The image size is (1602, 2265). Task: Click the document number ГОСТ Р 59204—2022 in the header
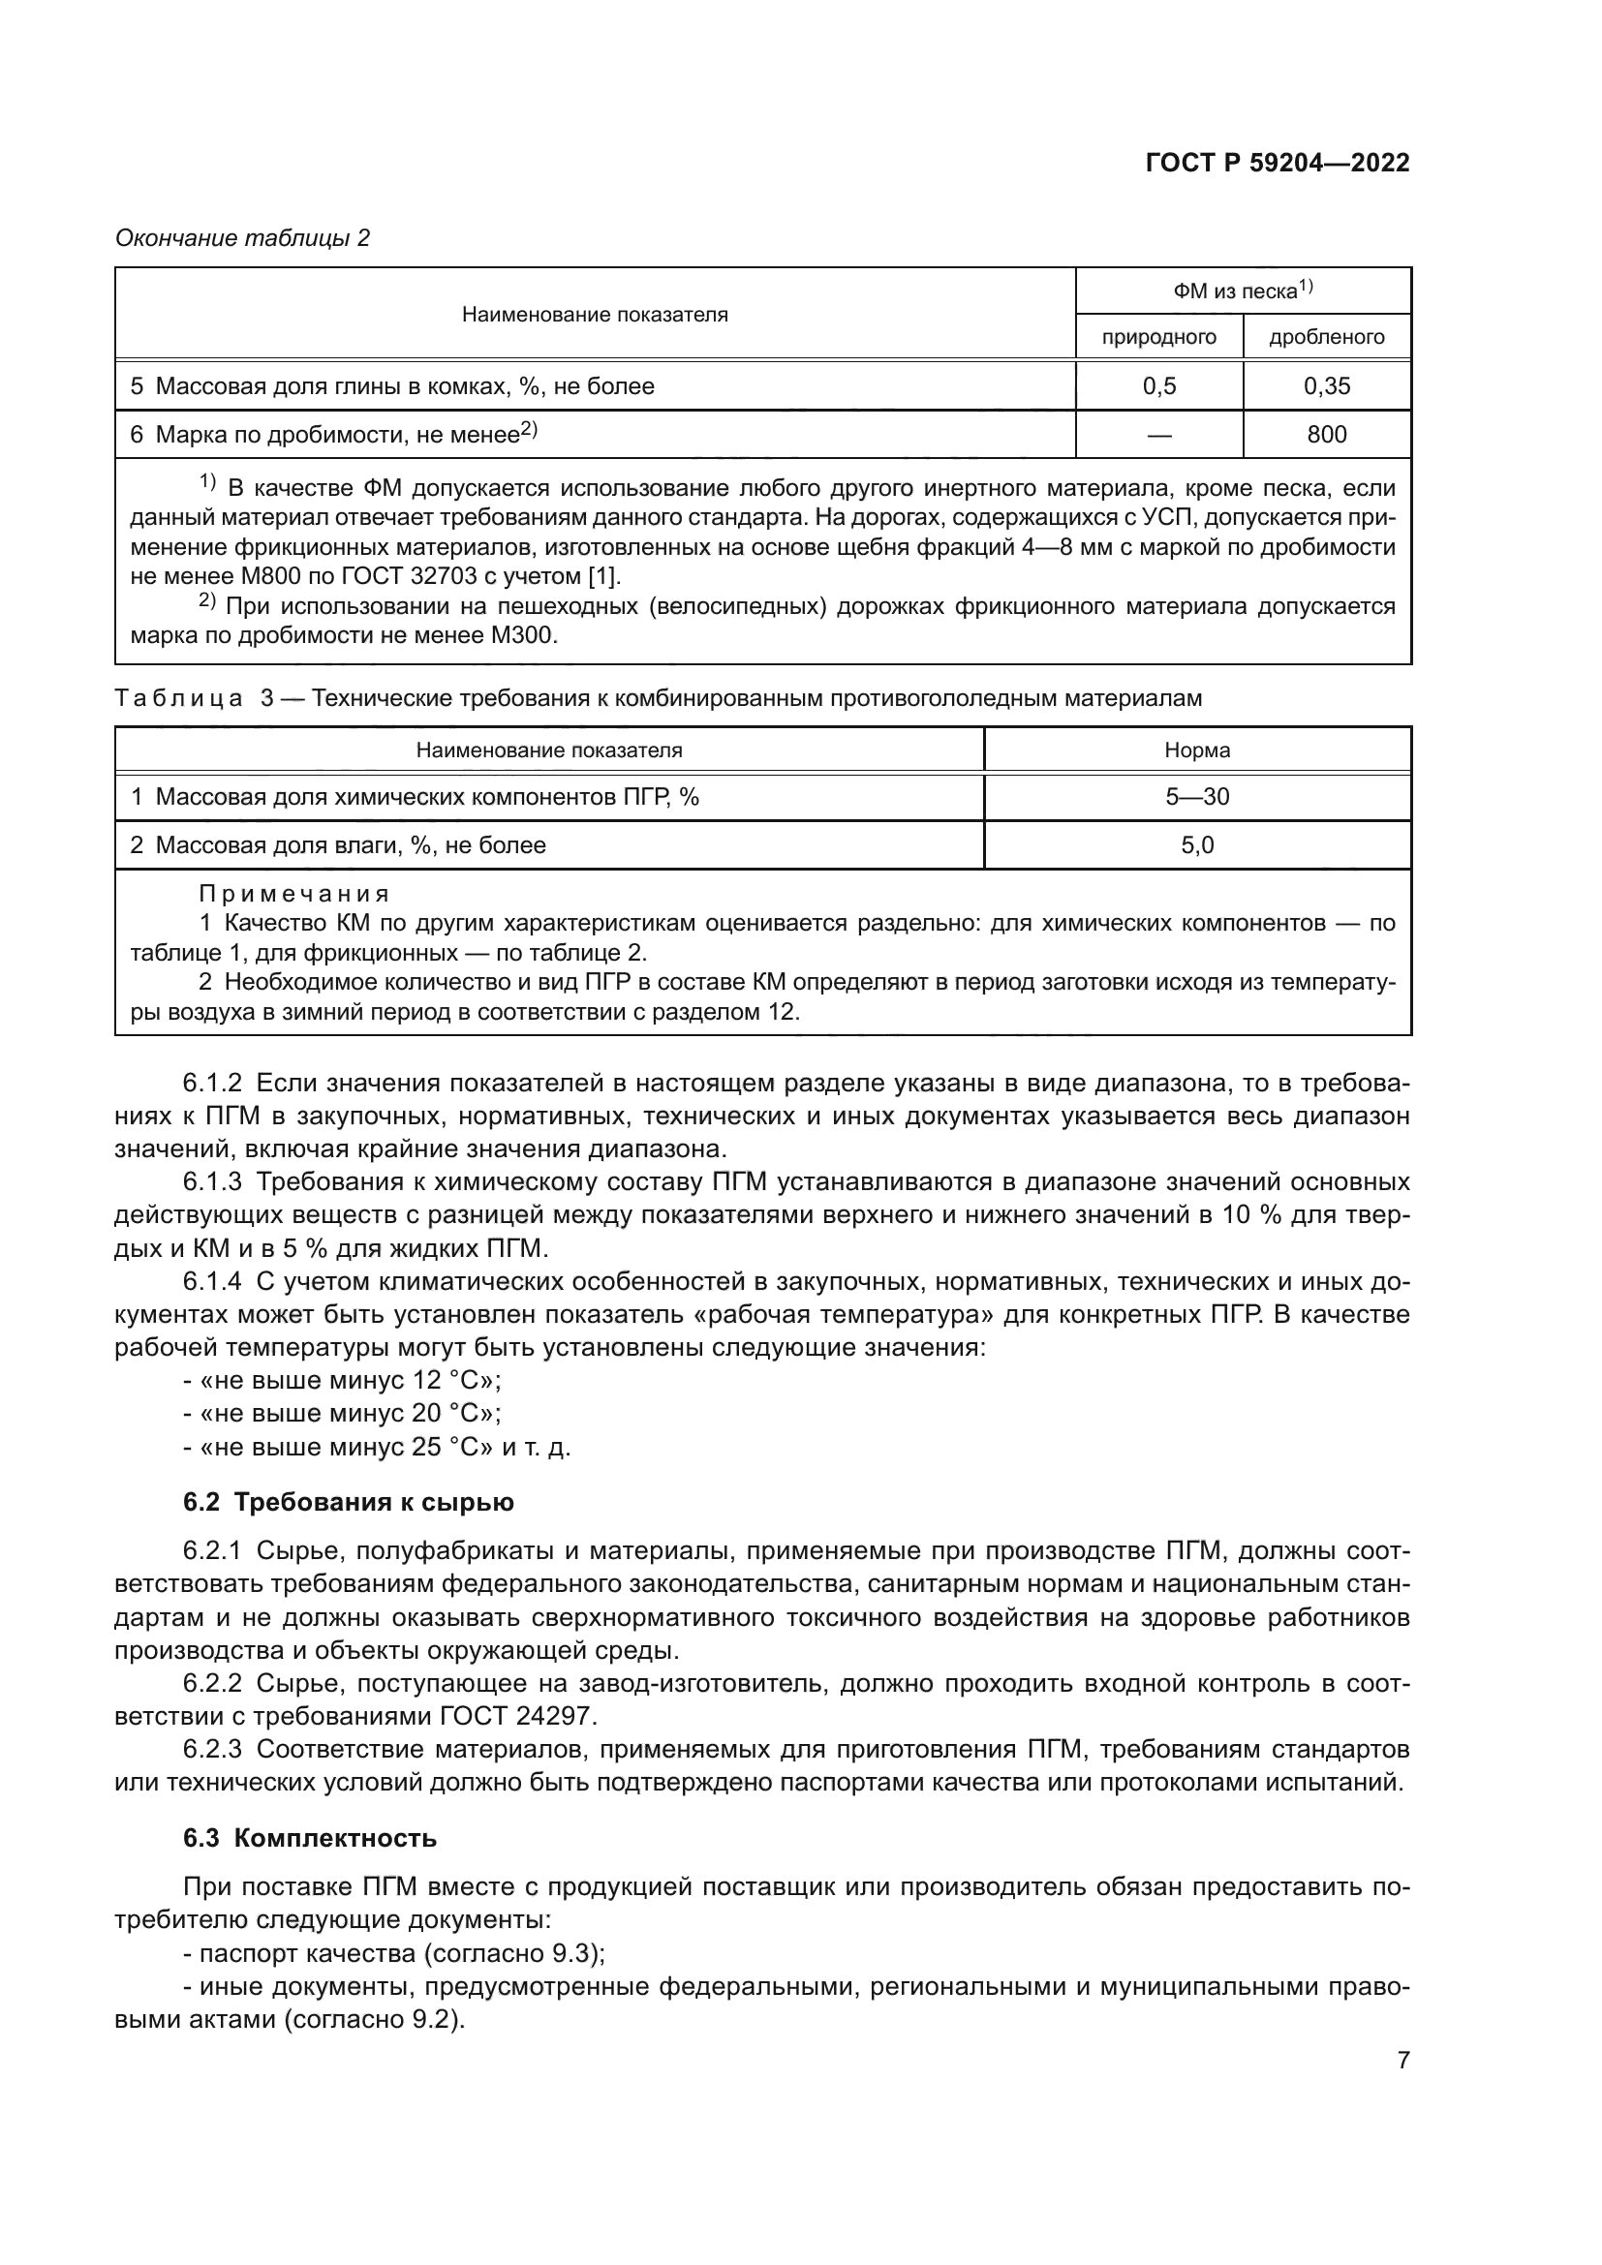(1277, 163)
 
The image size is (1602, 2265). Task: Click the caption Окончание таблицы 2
(243, 238)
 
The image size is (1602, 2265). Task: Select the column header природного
(1158, 337)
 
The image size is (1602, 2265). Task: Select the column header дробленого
(1326, 337)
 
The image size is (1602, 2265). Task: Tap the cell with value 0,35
(1326, 386)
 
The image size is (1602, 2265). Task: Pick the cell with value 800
(1326, 435)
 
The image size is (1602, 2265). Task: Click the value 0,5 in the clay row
(1158, 386)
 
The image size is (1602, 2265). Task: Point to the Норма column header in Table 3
(1196, 750)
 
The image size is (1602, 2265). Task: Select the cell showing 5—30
(1196, 797)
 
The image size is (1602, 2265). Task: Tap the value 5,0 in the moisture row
(1196, 845)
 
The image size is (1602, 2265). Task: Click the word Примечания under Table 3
(294, 894)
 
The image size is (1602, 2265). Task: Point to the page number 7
(1402, 2060)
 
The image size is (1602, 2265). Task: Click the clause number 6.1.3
(212, 1181)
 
